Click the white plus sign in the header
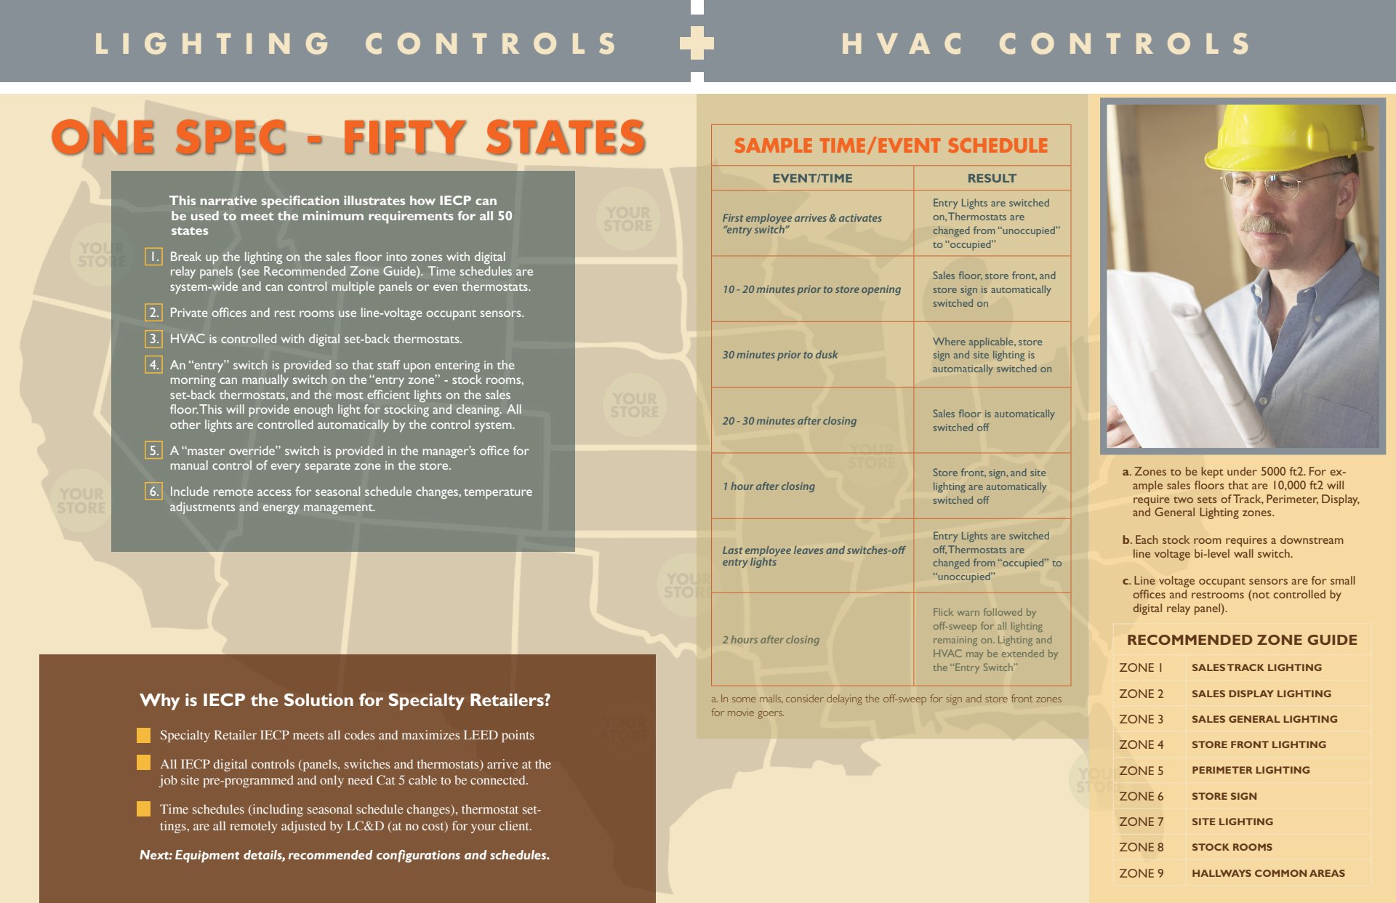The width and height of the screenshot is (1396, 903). pos(697,43)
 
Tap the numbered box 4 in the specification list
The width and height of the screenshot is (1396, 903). pos(153,364)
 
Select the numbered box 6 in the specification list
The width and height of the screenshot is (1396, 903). pos(153,491)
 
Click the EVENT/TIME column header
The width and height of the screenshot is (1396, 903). pos(812,178)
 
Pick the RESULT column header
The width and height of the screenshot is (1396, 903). pos(992,178)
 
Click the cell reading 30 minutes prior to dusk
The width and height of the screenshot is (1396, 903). pos(779,355)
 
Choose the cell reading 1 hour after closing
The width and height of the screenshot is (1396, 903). pos(769,486)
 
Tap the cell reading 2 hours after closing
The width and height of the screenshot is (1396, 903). pos(771,640)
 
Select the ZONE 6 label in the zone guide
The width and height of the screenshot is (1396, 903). pos(1141,796)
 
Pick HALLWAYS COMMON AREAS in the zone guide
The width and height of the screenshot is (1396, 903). pos(1268,873)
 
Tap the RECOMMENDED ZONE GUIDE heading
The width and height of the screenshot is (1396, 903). pos(1242,640)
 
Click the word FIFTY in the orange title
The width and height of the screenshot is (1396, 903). pos(404,137)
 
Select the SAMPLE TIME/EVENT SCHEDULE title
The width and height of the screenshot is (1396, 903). pos(891,145)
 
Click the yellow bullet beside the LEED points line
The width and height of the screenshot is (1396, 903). pos(144,735)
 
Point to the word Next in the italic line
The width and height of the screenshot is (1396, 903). pos(154,855)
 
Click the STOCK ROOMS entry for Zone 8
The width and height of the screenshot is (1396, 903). pos(1232,847)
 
